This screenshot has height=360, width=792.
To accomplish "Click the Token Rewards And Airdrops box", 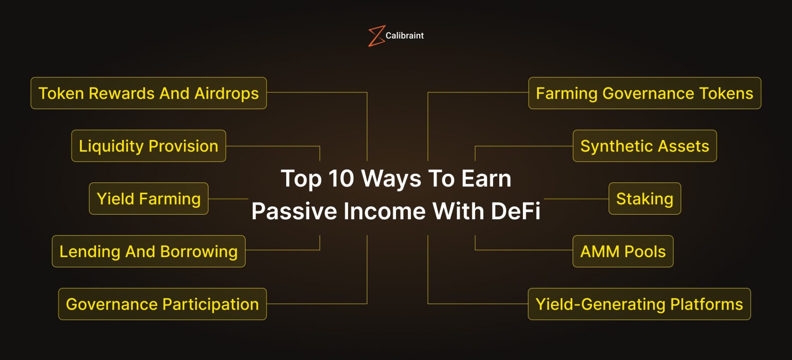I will point(148,93).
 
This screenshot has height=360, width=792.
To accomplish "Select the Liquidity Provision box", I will point(148,146).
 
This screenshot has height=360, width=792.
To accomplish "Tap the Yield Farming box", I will point(148,199).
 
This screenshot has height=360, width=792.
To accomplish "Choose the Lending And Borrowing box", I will point(148,251).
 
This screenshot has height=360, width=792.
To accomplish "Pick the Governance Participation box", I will point(162,304).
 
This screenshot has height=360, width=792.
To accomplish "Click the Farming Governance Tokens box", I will point(645,93).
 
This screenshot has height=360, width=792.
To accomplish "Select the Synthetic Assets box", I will point(645,146).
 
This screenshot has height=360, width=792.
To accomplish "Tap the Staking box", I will point(645,199).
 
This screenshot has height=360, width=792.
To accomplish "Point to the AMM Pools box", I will point(623,251).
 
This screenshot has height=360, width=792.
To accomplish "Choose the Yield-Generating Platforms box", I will point(639,304).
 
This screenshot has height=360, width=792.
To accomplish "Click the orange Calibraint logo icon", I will point(376,36).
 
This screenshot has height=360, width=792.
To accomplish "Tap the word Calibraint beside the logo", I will point(405,36).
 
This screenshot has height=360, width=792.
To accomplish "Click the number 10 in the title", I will point(341,179).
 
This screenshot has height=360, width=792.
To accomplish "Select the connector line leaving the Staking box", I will point(576,199).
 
